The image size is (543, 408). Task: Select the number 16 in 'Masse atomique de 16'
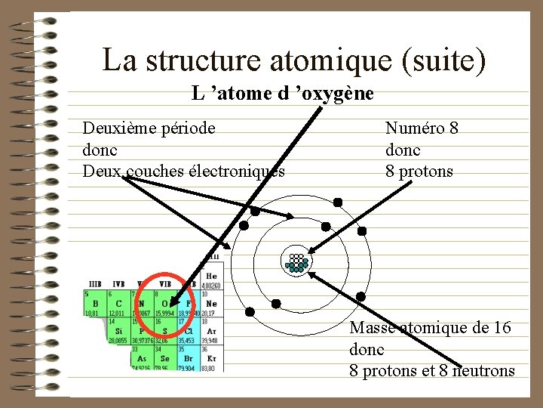tap(502, 328)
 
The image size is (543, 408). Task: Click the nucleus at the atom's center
tap(296, 261)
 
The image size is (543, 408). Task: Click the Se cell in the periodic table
tap(165, 357)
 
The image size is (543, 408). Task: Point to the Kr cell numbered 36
tap(212, 357)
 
